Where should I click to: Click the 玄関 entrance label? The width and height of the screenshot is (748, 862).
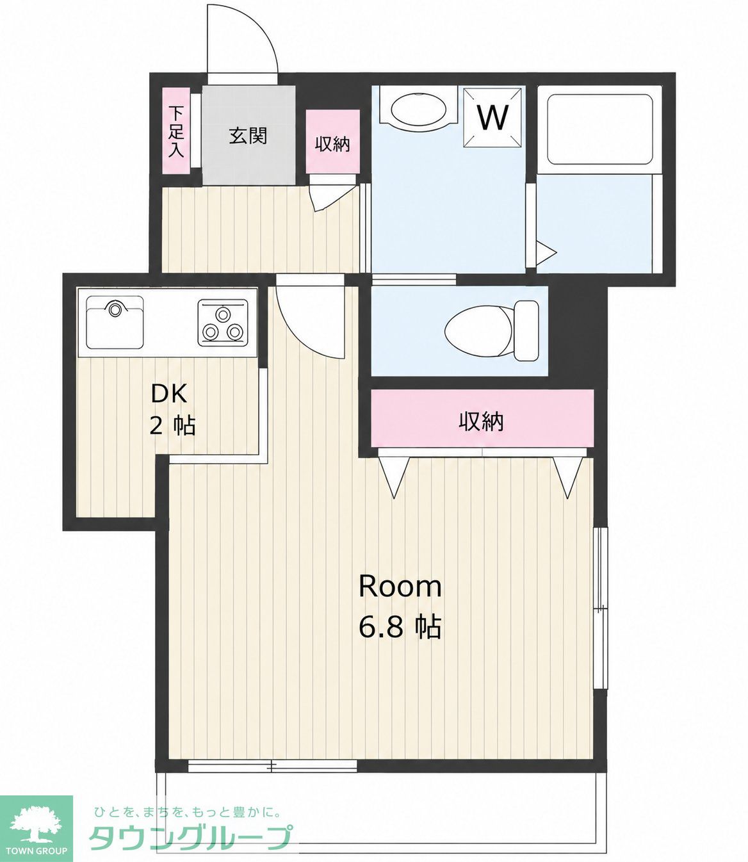click(248, 136)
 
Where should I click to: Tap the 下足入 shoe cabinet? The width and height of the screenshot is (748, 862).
click(177, 131)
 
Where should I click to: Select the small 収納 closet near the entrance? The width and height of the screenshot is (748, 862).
click(333, 142)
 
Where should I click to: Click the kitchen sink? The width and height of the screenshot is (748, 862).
click(115, 323)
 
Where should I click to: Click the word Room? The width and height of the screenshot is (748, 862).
click(400, 587)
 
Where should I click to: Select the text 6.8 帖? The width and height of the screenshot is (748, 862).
click(400, 627)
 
